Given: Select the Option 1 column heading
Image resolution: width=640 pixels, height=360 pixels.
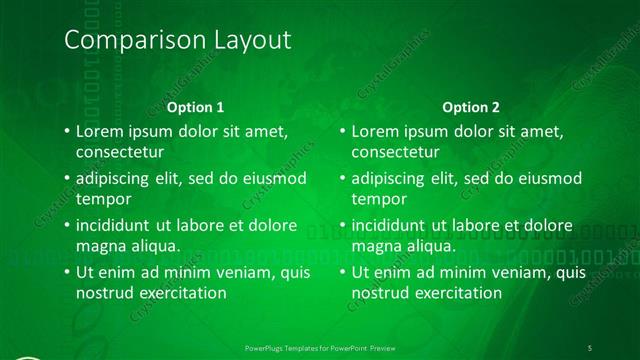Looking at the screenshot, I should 194,107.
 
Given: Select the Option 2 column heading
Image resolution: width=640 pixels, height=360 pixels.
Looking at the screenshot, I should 471,107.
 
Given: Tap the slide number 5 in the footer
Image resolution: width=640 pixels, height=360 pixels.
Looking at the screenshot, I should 590,346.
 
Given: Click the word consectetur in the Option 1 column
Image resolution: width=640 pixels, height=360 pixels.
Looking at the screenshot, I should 119,152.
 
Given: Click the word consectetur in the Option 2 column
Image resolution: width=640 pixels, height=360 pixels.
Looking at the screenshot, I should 395,152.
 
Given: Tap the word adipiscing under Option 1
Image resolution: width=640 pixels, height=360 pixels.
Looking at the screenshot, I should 117,178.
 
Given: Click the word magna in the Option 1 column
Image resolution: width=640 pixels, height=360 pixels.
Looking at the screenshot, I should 99,246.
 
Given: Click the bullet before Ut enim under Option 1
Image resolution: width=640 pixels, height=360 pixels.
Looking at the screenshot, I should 65,272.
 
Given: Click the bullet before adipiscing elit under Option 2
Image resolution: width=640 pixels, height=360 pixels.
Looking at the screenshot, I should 341,178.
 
